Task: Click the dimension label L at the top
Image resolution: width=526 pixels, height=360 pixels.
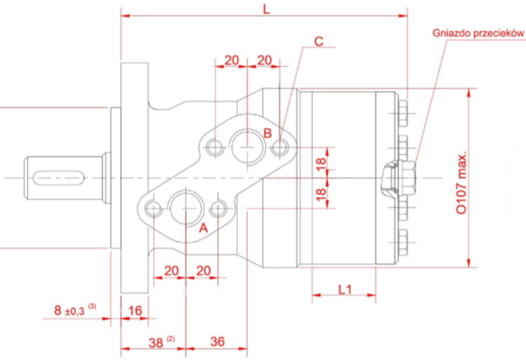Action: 267,9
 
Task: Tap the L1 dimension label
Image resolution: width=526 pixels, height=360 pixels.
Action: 344,289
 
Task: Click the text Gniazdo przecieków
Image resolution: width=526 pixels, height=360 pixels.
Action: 478,33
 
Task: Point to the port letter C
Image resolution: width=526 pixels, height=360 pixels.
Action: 319,41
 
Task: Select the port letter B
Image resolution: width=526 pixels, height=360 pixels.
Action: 267,133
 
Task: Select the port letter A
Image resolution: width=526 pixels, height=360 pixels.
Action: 203,228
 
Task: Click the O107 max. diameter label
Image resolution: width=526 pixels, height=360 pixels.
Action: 462,183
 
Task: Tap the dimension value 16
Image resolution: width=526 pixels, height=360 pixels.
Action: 135,311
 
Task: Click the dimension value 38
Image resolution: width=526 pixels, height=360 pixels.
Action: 155,343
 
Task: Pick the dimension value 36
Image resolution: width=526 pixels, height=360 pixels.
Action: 217,342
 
